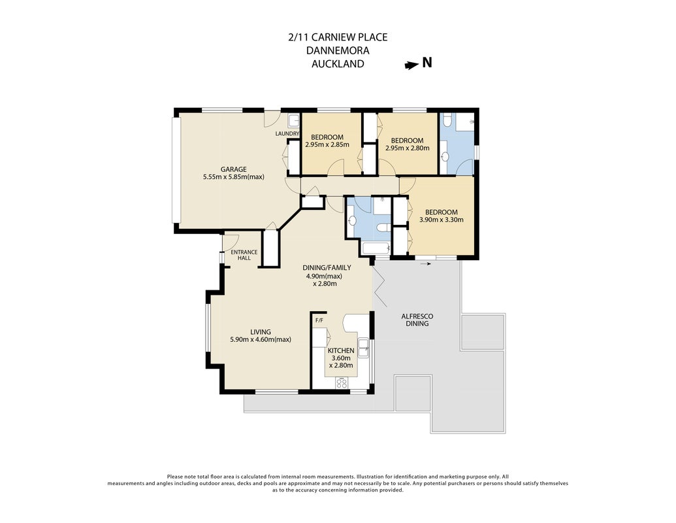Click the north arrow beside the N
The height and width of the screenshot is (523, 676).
tap(411, 65)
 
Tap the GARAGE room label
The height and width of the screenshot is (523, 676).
tap(234, 169)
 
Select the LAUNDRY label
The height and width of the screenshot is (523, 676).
tap(287, 134)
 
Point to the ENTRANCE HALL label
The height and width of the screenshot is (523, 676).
tap(244, 255)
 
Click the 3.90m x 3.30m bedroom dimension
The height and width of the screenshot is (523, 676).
tap(442, 220)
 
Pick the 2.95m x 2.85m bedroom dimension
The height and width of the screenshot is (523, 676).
tap(327, 145)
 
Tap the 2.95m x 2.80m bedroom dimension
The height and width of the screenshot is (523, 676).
tap(408, 148)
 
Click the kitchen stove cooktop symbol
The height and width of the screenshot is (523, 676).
tap(342, 382)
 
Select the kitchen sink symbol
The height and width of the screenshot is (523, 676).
tap(364, 348)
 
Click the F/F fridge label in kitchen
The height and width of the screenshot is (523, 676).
tap(319, 320)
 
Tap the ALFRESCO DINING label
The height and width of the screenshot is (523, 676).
tap(417, 320)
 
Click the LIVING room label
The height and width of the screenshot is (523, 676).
tap(261, 332)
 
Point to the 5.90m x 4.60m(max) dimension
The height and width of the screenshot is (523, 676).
tap(261, 339)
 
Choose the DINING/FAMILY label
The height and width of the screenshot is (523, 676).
tap(327, 267)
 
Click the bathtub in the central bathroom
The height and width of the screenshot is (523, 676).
tap(376, 248)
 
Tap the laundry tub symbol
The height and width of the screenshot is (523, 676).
tap(295, 120)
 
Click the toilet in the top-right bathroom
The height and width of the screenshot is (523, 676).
tap(447, 119)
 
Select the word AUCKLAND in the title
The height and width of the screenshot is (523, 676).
tap(338, 64)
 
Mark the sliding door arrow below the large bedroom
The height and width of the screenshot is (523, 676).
tap(425, 263)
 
